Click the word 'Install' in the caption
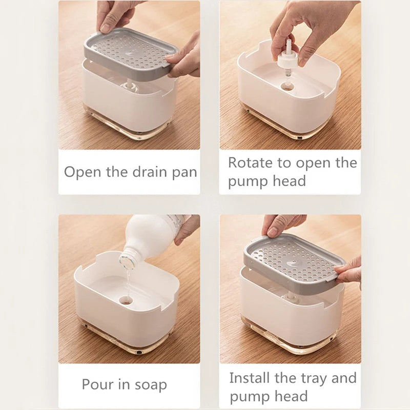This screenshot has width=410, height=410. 249,378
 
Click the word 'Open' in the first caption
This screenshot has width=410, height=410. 83,172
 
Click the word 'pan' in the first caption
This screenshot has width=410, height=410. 184,172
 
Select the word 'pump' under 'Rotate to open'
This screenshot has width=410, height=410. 247,181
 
